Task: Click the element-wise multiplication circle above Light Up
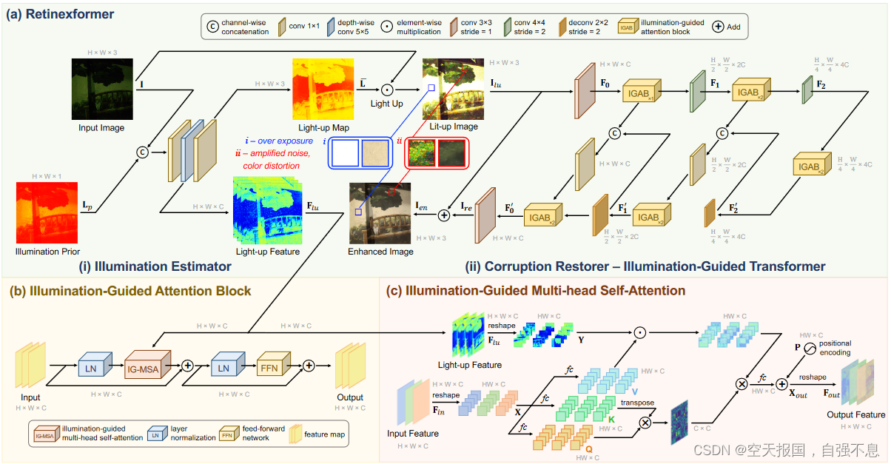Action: tap(386, 88)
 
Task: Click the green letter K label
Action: tap(611, 420)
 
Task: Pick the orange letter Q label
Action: tap(588, 448)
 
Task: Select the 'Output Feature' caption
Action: tap(855, 415)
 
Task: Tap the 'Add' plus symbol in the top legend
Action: tap(717, 26)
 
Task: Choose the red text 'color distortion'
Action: tap(272, 165)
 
